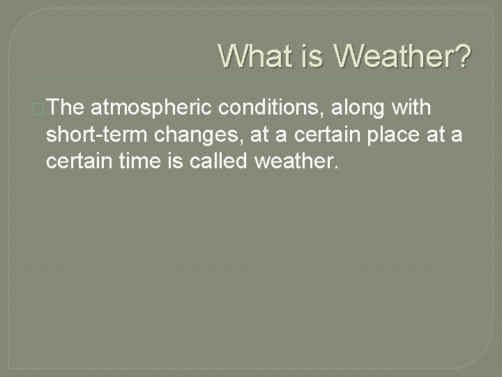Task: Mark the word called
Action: [x=215, y=162]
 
